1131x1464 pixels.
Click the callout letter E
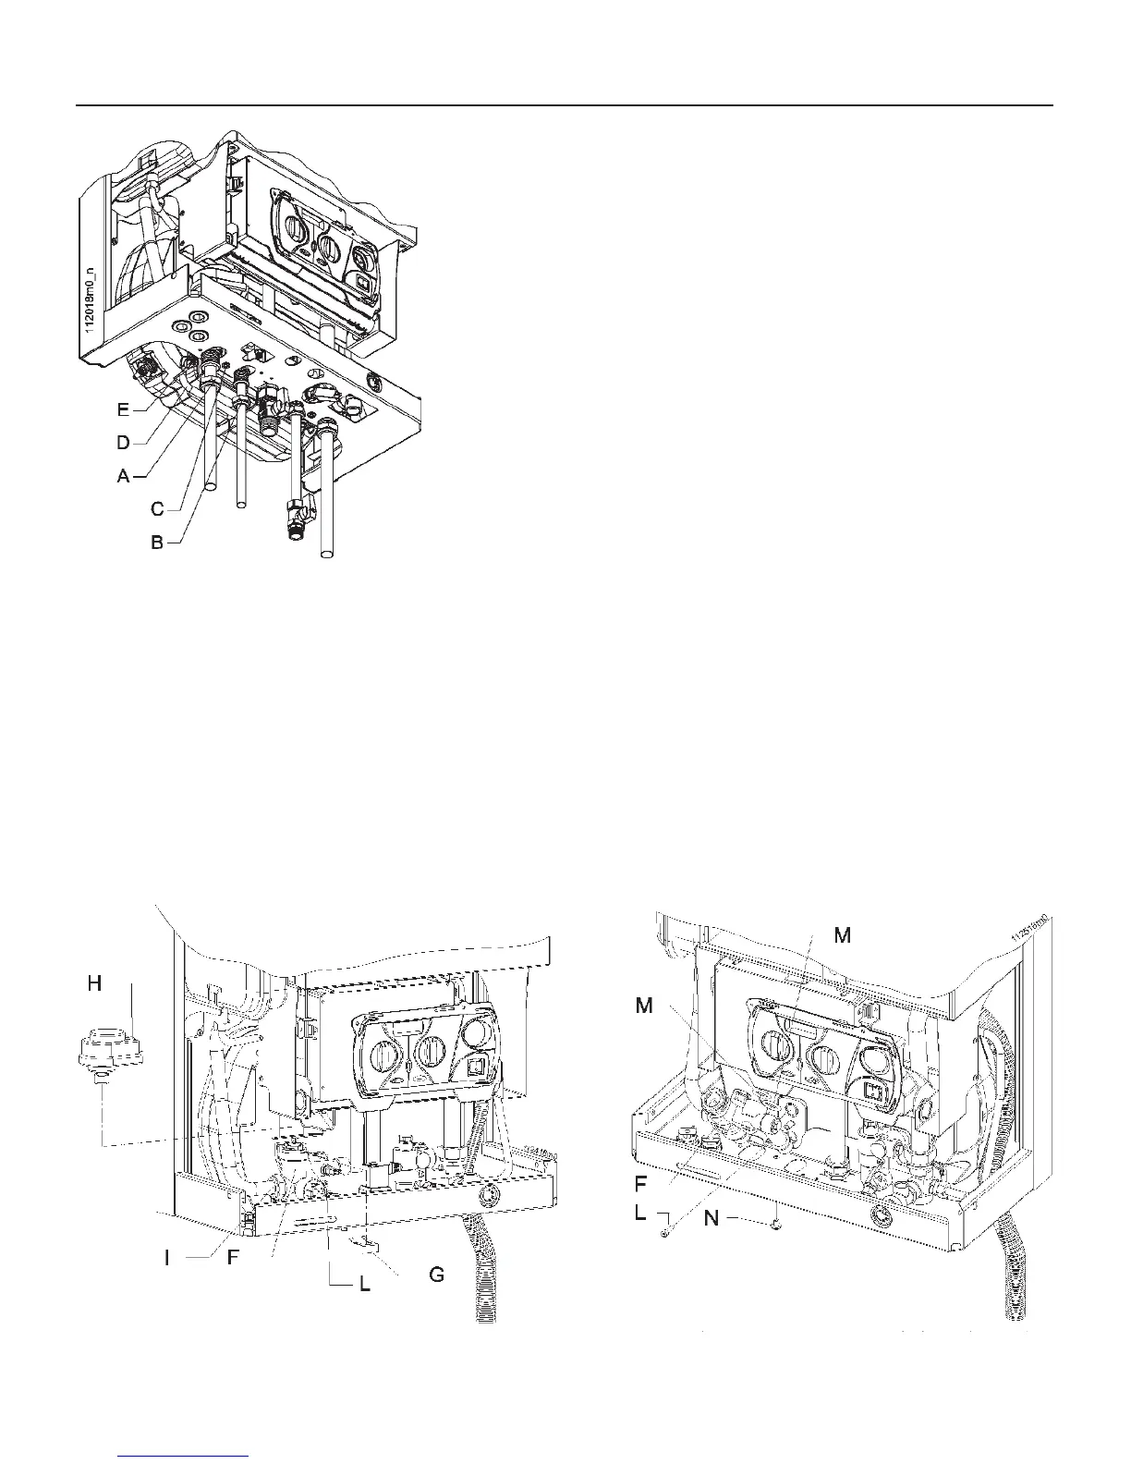[x=124, y=410]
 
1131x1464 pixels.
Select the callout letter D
[x=123, y=442]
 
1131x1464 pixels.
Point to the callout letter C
[x=158, y=508]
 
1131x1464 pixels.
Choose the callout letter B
[x=158, y=543]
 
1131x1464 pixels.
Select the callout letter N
[x=712, y=1219]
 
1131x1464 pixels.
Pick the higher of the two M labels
[x=842, y=936]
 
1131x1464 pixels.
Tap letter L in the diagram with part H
[x=365, y=1285]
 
